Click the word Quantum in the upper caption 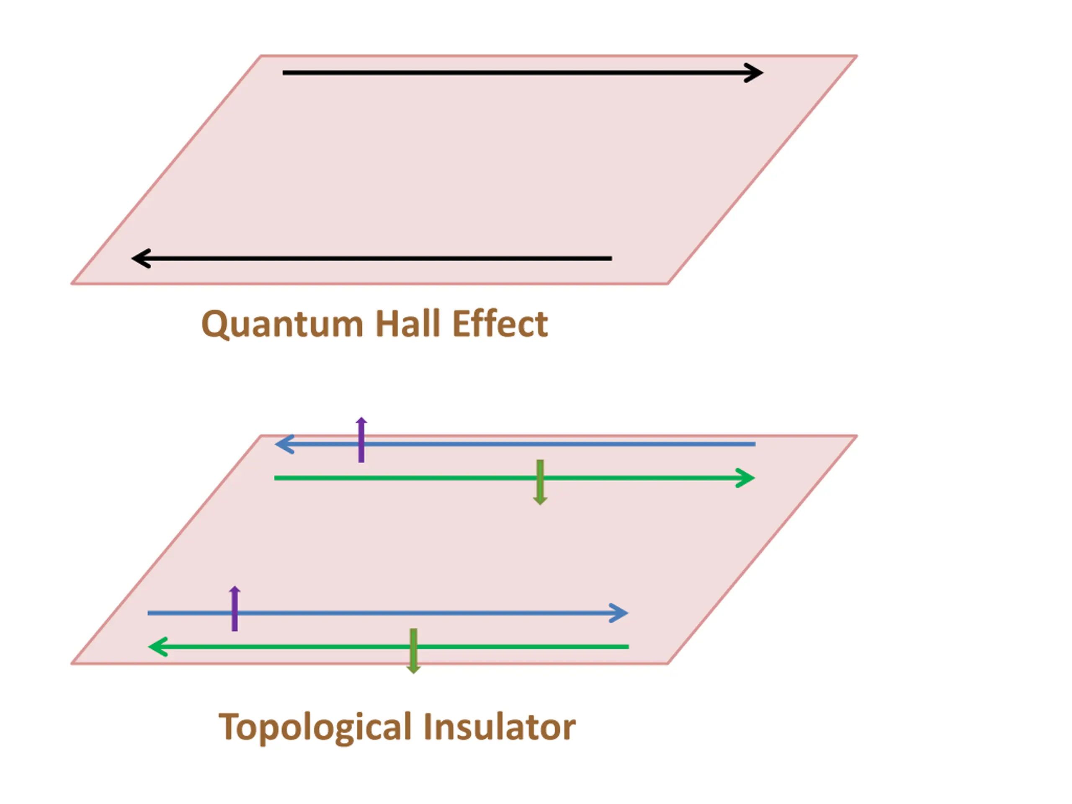click(282, 324)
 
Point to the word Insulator click(499, 727)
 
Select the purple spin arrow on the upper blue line click(361, 440)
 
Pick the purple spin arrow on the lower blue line click(234, 609)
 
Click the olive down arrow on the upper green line click(540, 482)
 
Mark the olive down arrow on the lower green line click(413, 651)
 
